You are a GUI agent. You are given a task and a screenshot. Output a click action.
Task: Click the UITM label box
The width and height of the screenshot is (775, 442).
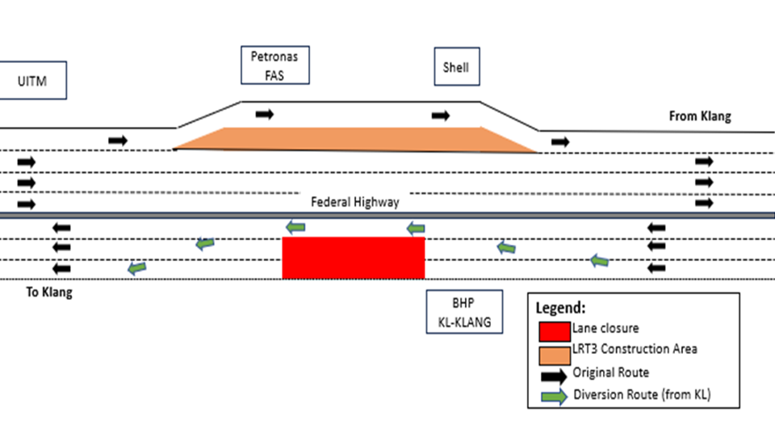click(32, 81)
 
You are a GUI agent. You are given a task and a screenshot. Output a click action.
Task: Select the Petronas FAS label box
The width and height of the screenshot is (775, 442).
click(274, 65)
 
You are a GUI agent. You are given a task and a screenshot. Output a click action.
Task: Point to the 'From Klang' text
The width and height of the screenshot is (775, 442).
click(699, 116)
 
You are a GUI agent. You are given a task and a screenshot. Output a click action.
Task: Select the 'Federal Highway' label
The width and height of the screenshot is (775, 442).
click(355, 202)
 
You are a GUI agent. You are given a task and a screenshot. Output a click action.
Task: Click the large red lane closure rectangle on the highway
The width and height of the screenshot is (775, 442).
click(354, 258)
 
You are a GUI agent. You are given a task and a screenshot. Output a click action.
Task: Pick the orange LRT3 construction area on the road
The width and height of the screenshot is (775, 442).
click(355, 140)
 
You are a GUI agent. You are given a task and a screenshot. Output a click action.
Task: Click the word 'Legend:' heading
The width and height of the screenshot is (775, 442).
click(561, 308)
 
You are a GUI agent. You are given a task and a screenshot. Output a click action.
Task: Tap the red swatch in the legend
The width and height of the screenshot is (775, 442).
click(555, 330)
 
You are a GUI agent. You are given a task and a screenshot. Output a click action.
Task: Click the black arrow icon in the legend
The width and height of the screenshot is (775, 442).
click(555, 374)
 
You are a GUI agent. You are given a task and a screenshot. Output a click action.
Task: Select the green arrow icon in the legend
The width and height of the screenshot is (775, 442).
click(555, 397)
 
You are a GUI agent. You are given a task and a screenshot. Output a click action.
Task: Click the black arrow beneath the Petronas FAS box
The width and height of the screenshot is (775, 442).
click(265, 115)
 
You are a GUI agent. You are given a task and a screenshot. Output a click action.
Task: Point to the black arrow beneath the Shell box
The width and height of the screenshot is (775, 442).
click(441, 116)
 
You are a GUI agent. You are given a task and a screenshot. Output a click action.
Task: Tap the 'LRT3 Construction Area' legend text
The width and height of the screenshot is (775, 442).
click(635, 349)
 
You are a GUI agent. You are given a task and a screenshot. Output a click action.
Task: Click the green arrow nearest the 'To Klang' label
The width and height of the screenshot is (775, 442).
click(137, 267)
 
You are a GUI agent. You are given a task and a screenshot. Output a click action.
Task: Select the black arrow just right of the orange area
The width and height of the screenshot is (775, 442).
click(559, 142)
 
